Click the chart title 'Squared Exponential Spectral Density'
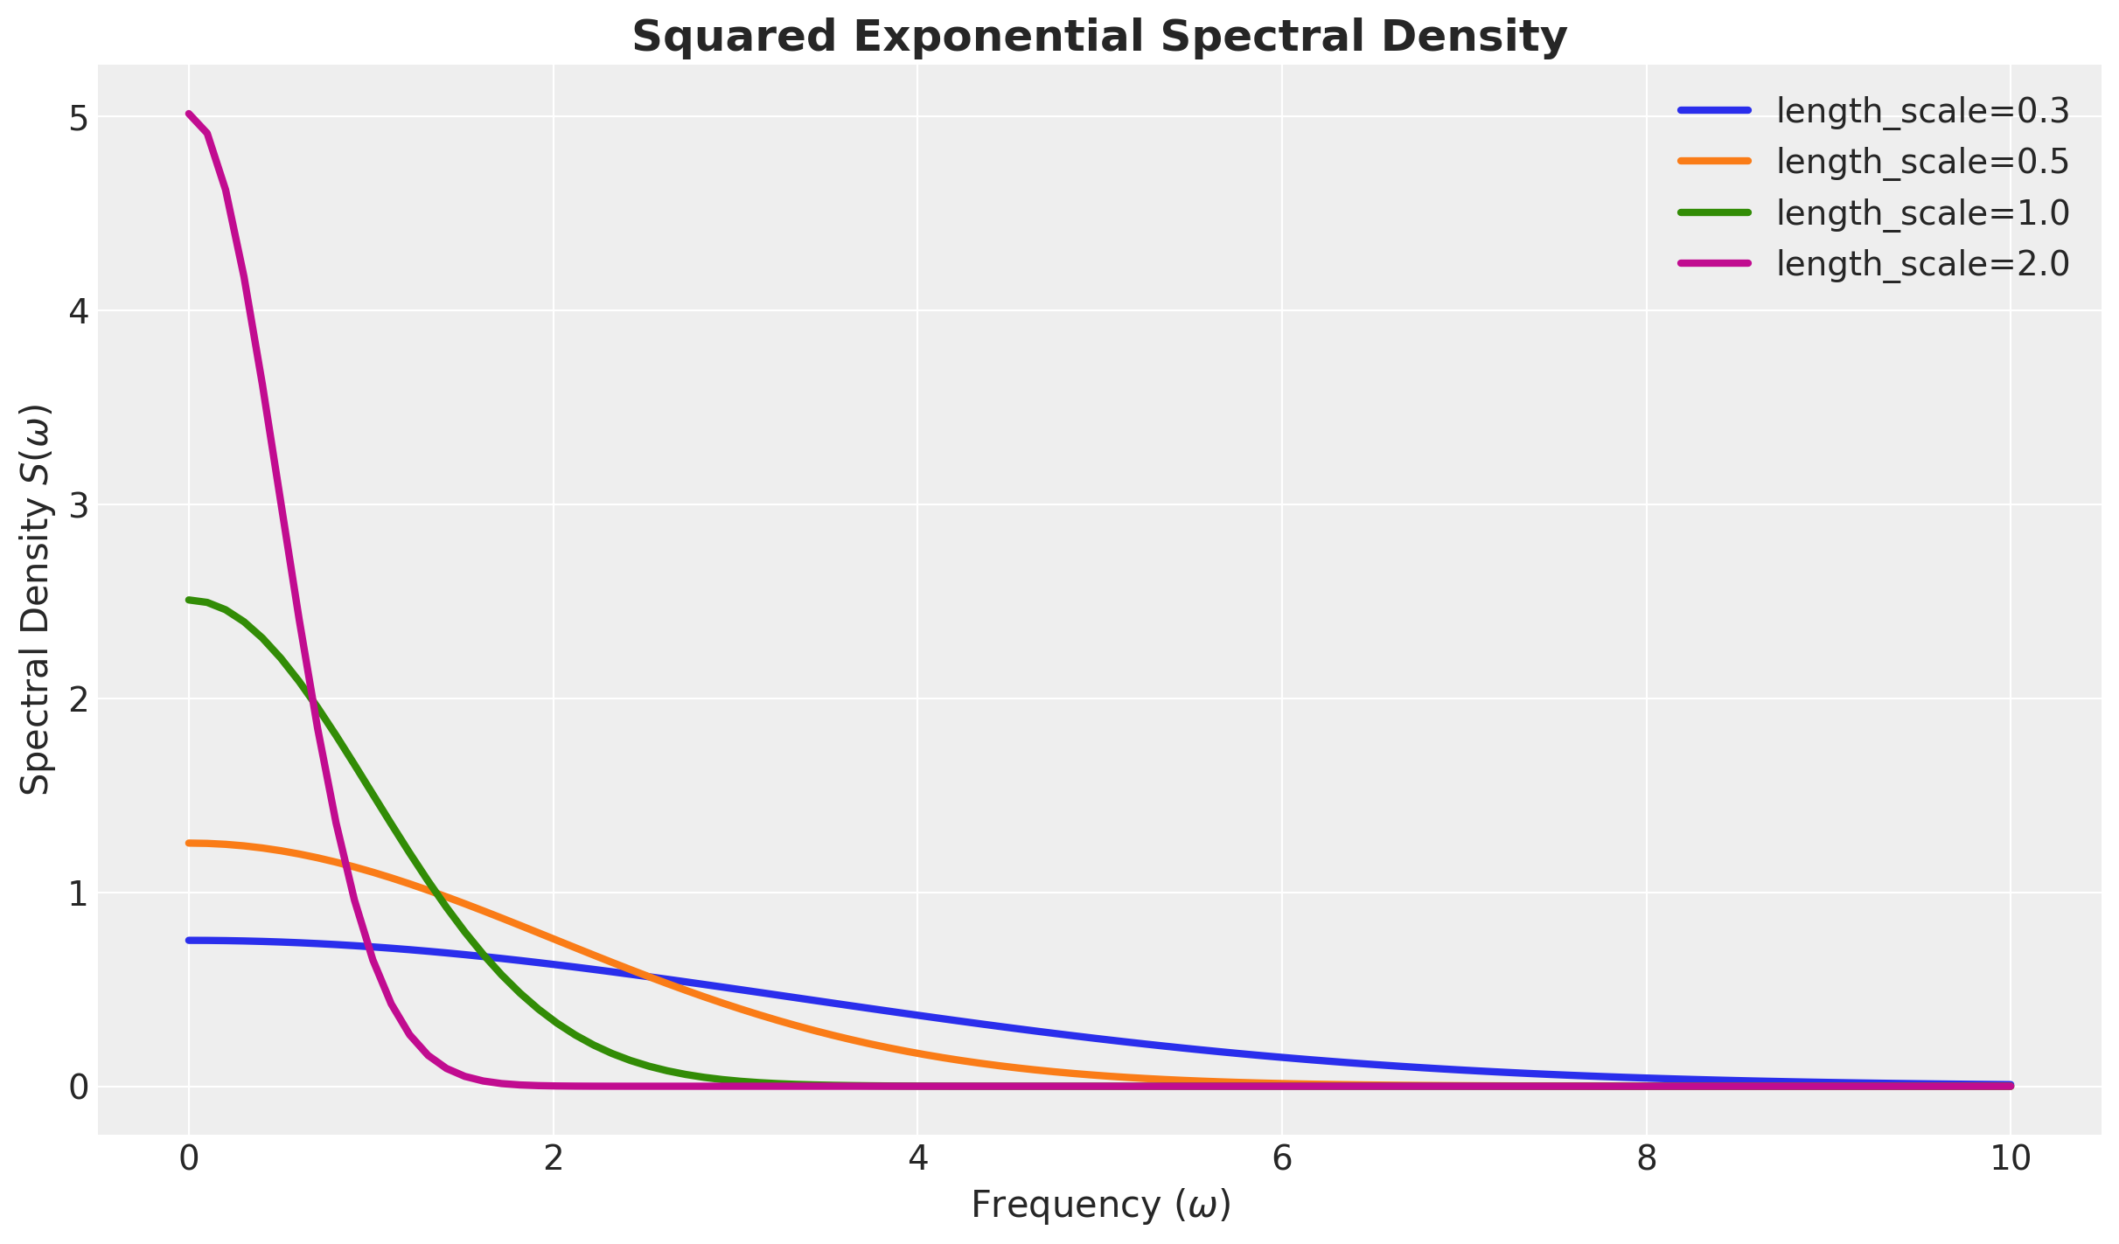tap(1099, 38)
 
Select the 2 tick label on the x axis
tap(553, 1158)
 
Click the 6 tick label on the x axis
tap(1282, 1158)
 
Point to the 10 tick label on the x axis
tap(2011, 1158)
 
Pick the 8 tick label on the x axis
tap(1647, 1158)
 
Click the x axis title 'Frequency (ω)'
tap(1100, 1205)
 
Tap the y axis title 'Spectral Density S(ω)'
tap(37, 600)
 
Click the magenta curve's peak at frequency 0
tap(189, 114)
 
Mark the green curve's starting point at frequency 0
tap(189, 600)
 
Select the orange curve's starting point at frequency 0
tap(189, 843)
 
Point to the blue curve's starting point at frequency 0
tap(189, 941)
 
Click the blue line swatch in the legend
tap(1715, 111)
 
